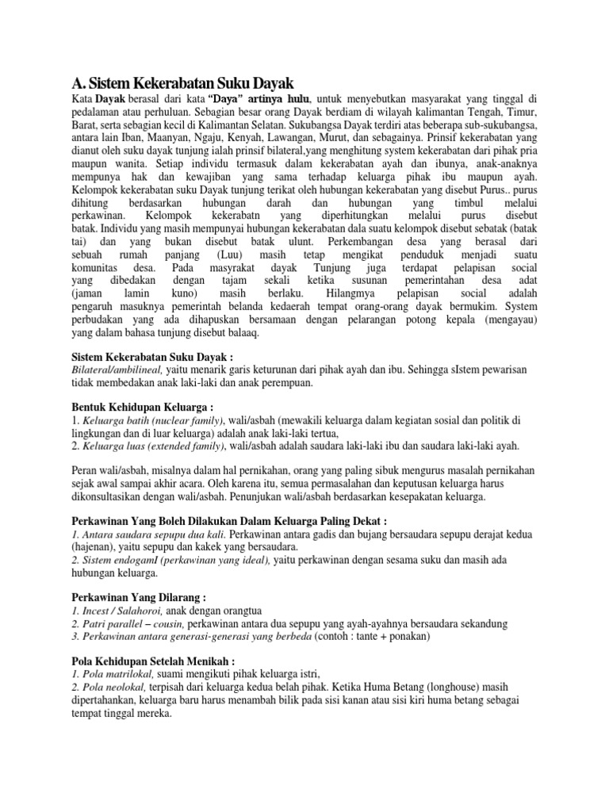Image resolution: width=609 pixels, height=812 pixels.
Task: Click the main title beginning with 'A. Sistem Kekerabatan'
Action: pyautogui.click(x=183, y=82)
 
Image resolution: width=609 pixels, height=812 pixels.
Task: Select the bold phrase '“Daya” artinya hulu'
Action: pyautogui.click(x=256, y=99)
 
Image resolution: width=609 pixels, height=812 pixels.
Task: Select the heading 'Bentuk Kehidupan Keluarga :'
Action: pyautogui.click(x=139, y=405)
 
